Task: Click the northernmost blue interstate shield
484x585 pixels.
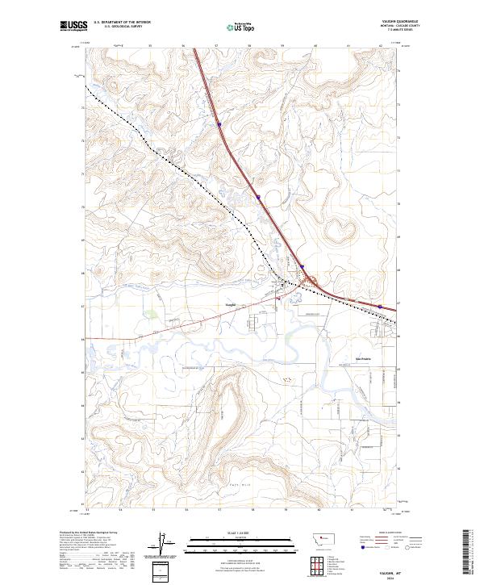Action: [219, 124]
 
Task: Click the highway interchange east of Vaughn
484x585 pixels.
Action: [308, 282]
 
